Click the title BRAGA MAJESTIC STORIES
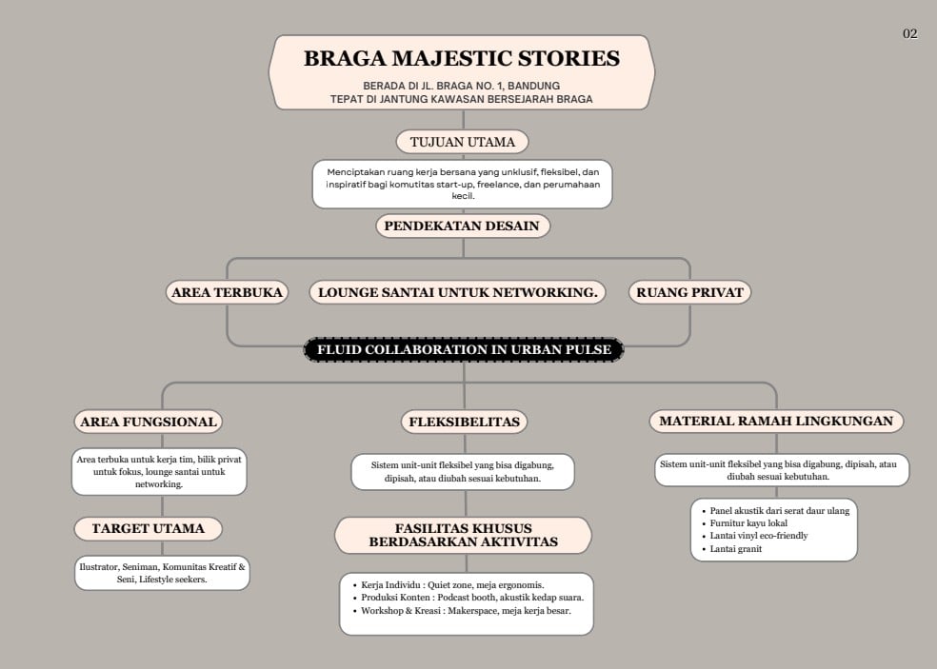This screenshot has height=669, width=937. point(462,59)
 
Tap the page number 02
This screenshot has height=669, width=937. point(909,34)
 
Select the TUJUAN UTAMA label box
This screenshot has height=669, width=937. point(462,143)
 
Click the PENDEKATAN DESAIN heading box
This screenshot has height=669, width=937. point(463,226)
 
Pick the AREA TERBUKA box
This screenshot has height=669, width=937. point(227,292)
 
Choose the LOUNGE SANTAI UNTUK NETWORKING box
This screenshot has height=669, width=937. point(457,292)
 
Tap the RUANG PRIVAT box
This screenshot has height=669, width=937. point(689,292)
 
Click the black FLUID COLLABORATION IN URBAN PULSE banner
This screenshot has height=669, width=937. point(464,350)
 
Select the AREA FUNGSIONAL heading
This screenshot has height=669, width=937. point(149,422)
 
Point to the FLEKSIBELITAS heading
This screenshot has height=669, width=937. point(464,422)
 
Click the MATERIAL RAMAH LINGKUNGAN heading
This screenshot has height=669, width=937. point(776,421)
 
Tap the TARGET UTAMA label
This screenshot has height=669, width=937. point(148,528)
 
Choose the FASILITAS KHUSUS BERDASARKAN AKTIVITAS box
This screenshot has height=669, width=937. point(463,536)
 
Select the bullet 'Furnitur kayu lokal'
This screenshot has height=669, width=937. point(748,523)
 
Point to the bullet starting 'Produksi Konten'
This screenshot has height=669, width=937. point(471,598)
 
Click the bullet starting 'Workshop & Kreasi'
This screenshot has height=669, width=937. point(466,611)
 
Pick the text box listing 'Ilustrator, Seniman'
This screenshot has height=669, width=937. point(162,573)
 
